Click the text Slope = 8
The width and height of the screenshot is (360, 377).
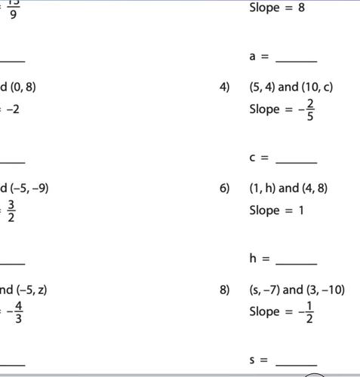[277, 9]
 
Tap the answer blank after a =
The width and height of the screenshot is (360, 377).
[297, 60]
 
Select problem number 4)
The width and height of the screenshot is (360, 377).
[224, 87]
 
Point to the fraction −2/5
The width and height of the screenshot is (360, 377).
[307, 110]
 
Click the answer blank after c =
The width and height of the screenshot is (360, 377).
[297, 161]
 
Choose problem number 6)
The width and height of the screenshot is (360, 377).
[224, 188]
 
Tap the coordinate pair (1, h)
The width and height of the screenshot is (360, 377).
[263, 188]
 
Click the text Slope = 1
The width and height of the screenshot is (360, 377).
[276, 210]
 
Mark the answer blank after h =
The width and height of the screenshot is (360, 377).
[297, 262]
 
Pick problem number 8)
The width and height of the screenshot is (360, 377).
[224, 290]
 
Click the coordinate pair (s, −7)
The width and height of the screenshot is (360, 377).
[265, 290]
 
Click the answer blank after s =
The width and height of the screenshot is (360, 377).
[297, 363]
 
